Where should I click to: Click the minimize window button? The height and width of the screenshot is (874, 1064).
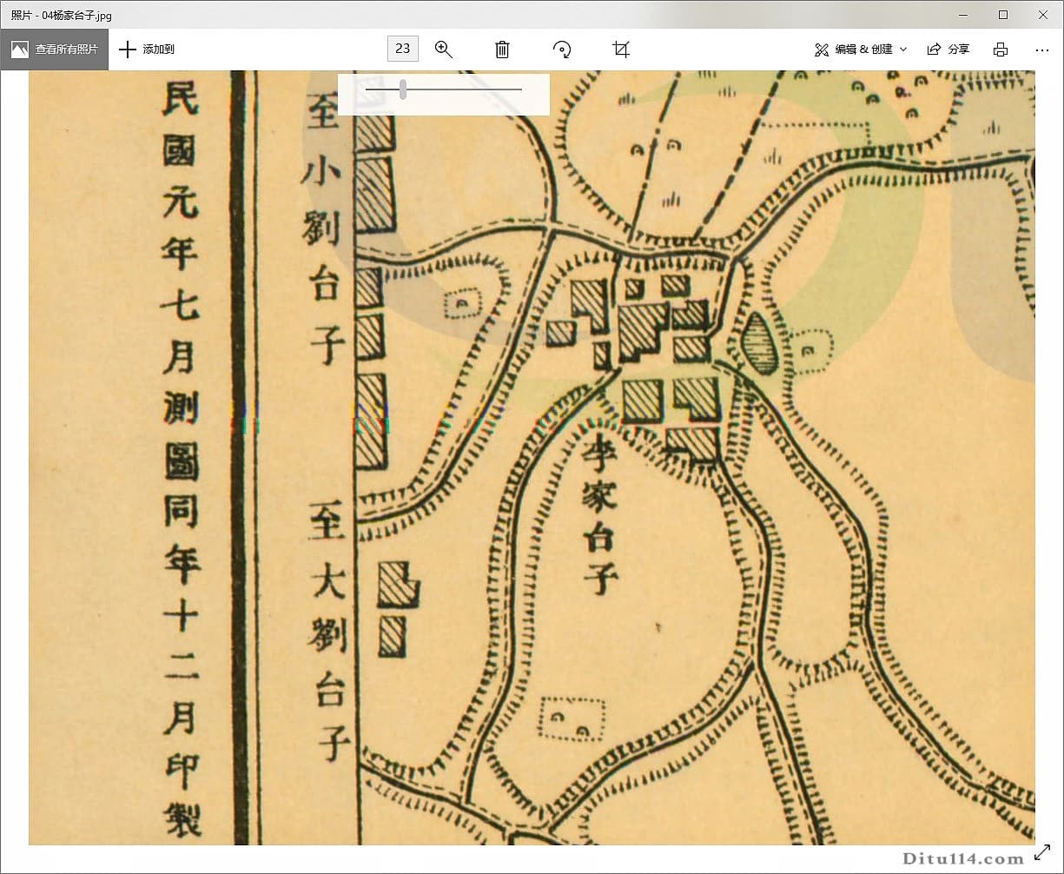click(962, 15)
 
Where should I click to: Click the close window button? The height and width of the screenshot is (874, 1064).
click(1043, 15)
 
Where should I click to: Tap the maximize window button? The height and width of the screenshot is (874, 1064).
click(1003, 15)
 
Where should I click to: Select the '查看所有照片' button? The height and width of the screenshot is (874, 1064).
click(55, 50)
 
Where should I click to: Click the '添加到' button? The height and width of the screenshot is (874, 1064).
click(147, 50)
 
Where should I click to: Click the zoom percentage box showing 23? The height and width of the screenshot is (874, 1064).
click(402, 49)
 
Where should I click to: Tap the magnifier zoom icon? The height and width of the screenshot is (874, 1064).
click(444, 50)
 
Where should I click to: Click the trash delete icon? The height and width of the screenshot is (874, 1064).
click(502, 50)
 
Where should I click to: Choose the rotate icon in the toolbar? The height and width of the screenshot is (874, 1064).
click(562, 50)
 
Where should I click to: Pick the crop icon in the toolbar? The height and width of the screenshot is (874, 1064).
click(620, 50)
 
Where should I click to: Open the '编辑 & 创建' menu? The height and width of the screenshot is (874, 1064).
click(860, 50)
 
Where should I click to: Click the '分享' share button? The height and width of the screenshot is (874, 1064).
click(948, 50)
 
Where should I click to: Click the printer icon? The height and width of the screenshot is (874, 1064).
click(1001, 50)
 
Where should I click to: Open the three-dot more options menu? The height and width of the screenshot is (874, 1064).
click(1042, 50)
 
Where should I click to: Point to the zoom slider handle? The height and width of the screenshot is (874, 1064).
click(403, 89)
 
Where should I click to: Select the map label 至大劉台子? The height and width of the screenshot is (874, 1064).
click(328, 634)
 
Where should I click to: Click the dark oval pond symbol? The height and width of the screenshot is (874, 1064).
click(760, 344)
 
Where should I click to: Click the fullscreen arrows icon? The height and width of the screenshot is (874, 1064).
click(1043, 854)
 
